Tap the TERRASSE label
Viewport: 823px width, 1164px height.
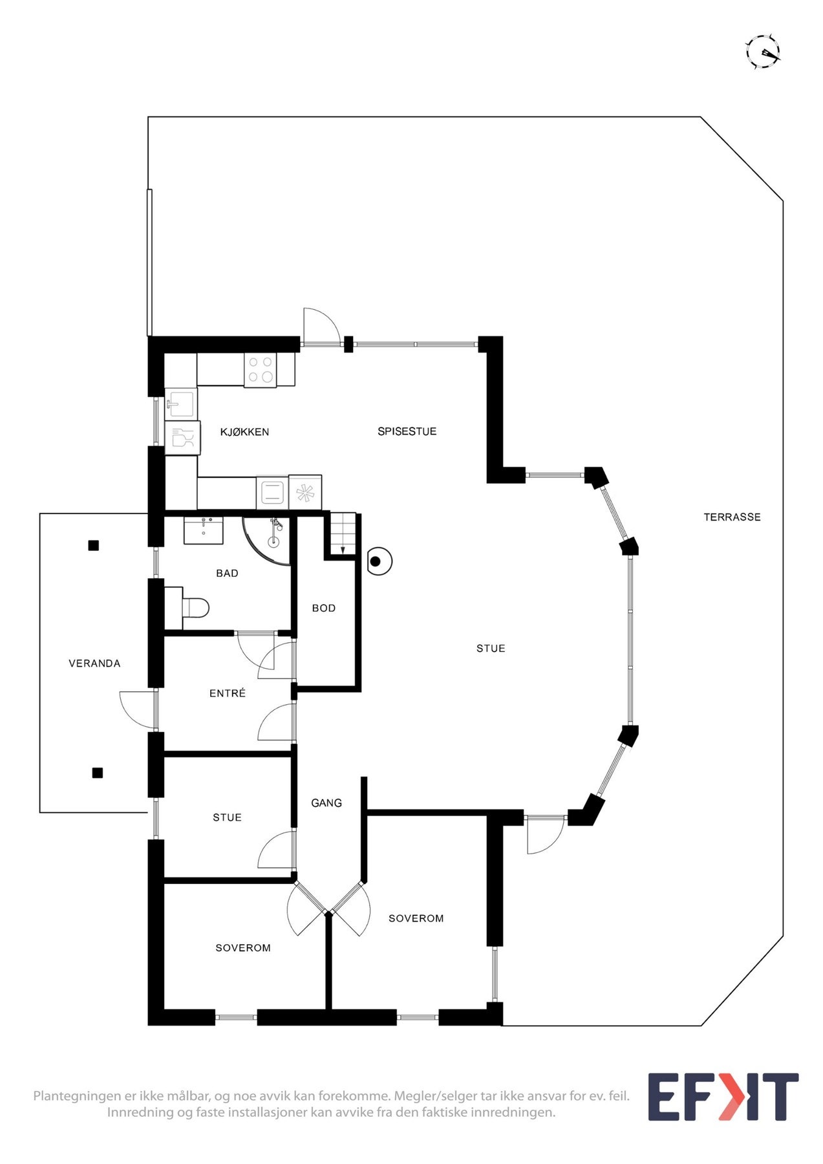point(732,517)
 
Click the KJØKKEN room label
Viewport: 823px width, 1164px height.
point(244,432)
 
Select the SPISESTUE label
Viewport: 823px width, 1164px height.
point(407,431)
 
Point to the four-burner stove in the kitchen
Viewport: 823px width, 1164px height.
point(261,370)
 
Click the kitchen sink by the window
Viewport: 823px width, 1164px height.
point(180,405)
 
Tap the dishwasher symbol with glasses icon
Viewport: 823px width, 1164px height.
point(181,438)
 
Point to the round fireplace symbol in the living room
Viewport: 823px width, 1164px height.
point(379,561)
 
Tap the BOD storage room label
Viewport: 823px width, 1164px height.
point(324,608)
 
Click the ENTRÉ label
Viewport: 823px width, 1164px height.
point(228,693)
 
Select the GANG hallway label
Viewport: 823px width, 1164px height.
point(326,803)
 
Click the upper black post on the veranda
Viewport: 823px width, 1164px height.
point(94,545)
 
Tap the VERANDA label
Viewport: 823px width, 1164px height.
point(94,663)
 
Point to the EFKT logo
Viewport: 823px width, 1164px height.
point(723,1097)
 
